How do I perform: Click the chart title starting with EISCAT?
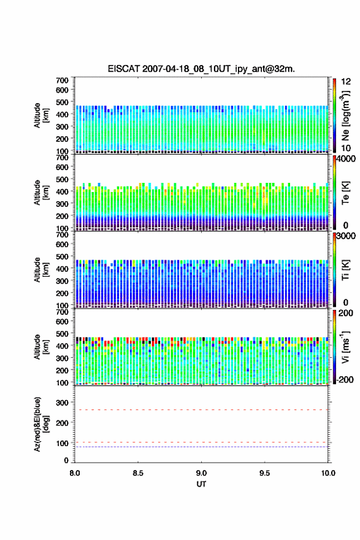201,69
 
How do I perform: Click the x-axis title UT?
201,484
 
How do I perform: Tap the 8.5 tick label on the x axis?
138,473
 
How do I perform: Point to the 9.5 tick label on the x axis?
265,473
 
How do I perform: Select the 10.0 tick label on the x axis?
328,473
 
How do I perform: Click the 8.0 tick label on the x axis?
75,473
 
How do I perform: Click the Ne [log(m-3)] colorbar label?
345,116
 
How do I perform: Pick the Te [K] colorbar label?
345,193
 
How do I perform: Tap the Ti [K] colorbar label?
345,270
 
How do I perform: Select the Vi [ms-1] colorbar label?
345,347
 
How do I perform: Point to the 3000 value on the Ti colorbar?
346,236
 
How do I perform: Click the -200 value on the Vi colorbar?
345,379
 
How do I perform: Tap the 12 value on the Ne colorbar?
346,82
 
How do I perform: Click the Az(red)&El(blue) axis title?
42,424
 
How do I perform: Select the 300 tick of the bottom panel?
63,403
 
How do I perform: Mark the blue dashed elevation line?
201,447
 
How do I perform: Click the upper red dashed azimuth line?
201,410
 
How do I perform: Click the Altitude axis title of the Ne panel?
42,115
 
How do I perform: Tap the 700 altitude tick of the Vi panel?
63,312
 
